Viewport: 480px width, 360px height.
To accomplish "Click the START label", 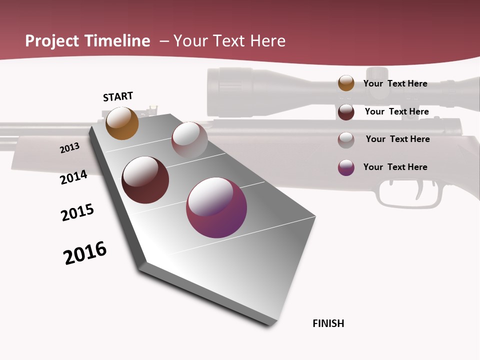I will click(x=118, y=96).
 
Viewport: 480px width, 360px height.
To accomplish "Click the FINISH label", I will click(x=328, y=323).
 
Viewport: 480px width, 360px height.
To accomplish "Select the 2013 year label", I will click(x=69, y=148).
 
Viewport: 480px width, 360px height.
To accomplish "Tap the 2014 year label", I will click(x=73, y=177).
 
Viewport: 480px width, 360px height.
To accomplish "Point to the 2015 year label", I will click(x=77, y=212).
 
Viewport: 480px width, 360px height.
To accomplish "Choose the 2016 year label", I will click(x=85, y=253).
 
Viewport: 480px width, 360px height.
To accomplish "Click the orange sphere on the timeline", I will click(x=122, y=123).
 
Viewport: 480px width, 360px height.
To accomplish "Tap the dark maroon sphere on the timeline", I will click(x=145, y=179).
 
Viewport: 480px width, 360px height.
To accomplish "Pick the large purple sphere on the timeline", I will click(x=216, y=207).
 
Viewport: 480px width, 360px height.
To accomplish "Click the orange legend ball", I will click(x=346, y=83).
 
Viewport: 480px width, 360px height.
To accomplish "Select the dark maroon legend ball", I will click(x=346, y=112).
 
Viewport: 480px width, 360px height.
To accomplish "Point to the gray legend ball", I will click(x=346, y=139).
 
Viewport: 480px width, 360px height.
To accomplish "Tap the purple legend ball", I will click(x=346, y=167).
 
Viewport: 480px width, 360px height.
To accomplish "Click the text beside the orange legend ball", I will click(x=395, y=83).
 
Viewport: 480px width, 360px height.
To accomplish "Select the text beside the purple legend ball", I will click(x=395, y=167).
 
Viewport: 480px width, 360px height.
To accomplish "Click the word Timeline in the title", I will click(x=117, y=41).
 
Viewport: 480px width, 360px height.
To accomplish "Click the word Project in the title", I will click(x=53, y=41).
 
